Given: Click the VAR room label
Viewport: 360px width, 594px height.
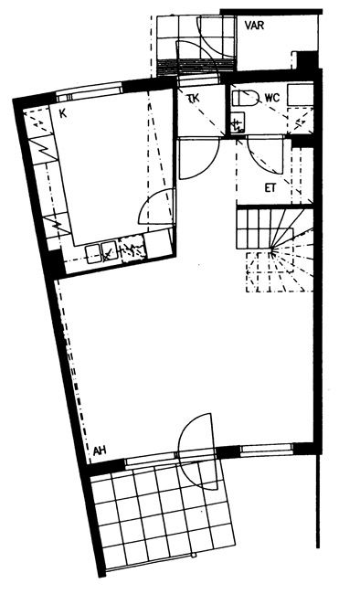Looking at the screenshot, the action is (254, 26).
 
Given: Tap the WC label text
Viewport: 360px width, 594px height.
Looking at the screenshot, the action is (272, 98).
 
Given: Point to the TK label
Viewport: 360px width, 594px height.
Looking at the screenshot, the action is (194, 99).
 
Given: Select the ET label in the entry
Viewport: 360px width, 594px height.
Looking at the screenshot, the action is (270, 188).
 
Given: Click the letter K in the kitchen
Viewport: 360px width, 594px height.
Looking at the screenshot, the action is (63, 113).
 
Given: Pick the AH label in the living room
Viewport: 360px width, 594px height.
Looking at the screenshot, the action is (100, 451).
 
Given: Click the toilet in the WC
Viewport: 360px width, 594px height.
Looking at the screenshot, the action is (245, 99).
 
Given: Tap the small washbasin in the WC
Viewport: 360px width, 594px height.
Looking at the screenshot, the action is (238, 122).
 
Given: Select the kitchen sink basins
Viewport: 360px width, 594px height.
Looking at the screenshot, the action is (101, 253).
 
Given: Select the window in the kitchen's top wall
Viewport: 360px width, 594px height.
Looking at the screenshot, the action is (90, 91).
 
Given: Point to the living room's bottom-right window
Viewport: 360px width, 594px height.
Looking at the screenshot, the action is (267, 450).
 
